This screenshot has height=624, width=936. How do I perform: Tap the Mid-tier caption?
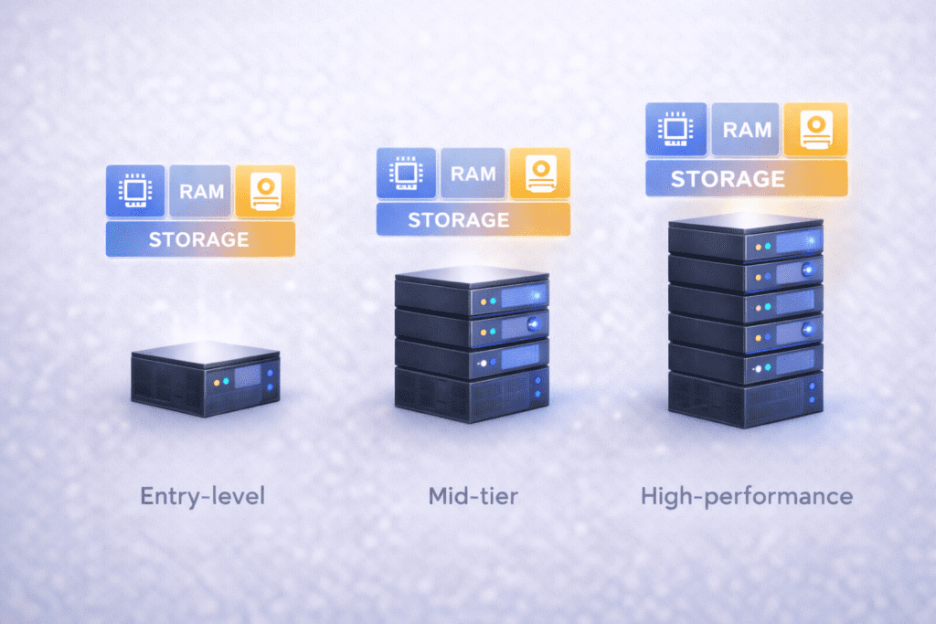pos(473,497)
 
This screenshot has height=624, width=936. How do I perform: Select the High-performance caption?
pos(747,497)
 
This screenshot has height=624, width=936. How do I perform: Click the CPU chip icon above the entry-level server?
pos(135,191)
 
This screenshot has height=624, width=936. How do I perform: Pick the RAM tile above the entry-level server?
pos(200,191)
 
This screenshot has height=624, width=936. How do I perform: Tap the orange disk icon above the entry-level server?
pos(265,191)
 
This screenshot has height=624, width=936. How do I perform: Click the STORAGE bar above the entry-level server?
pos(200,239)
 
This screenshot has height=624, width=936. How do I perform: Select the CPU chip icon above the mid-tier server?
pos(406,173)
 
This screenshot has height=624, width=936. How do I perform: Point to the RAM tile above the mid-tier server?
pos(473,173)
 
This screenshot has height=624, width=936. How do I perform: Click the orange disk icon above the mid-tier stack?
pos(539,173)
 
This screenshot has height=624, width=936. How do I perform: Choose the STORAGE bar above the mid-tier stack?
pos(473,219)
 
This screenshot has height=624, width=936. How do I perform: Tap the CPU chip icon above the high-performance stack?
pos(675,129)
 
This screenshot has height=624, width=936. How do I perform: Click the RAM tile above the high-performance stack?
pos(747,129)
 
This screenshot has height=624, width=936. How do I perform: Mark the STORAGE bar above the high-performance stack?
pos(747,178)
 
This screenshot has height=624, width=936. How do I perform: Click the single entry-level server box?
pos(205,378)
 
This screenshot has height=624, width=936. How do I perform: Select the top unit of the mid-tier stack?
pos(472,292)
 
